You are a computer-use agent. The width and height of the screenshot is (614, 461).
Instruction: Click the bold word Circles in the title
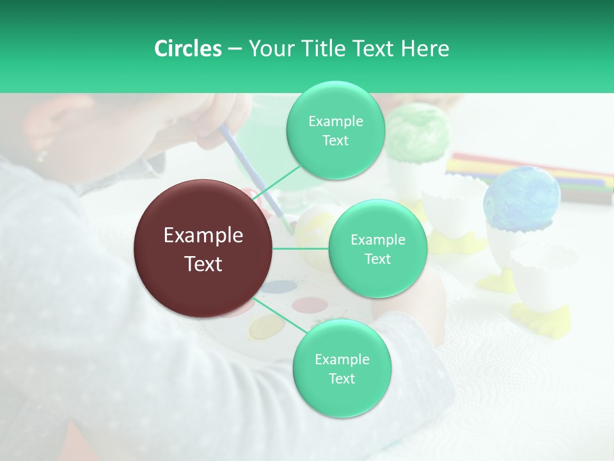(187, 49)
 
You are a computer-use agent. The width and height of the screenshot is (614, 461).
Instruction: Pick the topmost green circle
(335, 131)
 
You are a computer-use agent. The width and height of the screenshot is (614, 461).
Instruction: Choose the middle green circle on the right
(377, 249)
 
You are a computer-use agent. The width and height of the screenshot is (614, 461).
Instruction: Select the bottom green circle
(342, 368)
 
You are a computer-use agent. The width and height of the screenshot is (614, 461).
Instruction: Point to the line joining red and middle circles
(301, 248)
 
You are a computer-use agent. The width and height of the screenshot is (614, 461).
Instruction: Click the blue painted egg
(521, 198)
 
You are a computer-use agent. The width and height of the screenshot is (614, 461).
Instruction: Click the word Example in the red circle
(203, 236)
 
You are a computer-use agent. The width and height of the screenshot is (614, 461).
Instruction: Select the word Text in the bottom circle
(342, 378)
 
